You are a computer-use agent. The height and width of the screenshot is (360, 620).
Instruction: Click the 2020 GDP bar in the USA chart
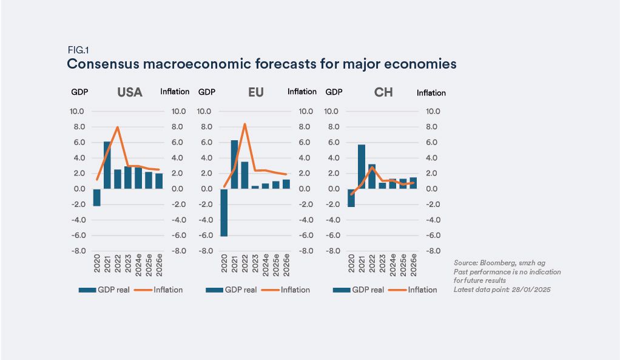click(96, 197)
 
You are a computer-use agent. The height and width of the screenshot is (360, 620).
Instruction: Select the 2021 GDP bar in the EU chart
click(234, 165)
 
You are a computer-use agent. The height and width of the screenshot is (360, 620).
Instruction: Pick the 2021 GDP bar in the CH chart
click(362, 166)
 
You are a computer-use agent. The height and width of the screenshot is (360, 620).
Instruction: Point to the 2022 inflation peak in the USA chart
click(117, 127)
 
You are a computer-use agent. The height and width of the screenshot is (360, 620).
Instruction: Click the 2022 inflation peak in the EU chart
click(244, 124)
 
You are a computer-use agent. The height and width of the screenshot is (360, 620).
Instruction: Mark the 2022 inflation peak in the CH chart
click(372, 167)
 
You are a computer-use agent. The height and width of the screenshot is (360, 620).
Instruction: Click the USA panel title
click(129, 92)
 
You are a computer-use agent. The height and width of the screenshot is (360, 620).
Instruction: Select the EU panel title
click(255, 92)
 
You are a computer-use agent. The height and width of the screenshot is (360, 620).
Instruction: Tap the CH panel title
click(383, 92)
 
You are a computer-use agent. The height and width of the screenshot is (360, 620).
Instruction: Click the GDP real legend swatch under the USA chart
click(88, 290)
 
